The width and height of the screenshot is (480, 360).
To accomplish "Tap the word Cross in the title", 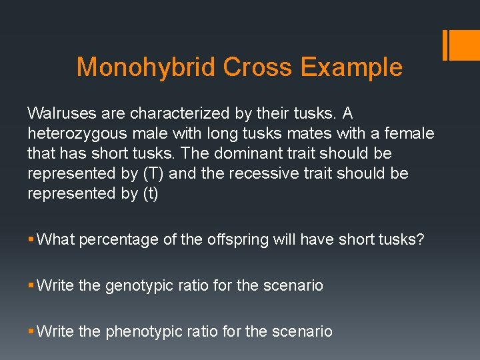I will (x=257, y=67).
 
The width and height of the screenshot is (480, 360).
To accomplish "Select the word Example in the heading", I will (x=351, y=67).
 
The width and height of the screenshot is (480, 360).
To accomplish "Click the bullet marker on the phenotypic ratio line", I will (x=31, y=331).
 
